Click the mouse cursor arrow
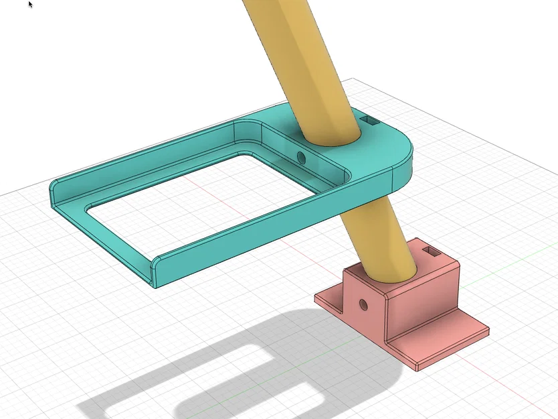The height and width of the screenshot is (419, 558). click(31, 4)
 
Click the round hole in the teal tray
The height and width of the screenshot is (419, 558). click(301, 158)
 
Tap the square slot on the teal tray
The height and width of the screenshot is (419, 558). click(369, 120)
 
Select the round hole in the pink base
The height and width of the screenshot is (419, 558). click(363, 304)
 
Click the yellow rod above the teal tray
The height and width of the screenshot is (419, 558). click(294, 60)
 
